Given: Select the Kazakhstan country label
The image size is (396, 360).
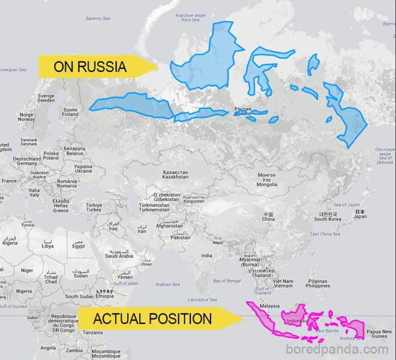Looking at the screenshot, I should [x=175, y=174].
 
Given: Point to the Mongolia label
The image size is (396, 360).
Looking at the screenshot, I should [x=266, y=180].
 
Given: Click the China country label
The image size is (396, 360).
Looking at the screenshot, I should [x=268, y=216].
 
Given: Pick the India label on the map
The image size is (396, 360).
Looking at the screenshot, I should [x=207, y=256].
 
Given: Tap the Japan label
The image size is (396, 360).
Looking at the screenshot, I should [x=360, y=214].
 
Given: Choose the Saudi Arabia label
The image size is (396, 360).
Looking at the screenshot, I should [x=119, y=253].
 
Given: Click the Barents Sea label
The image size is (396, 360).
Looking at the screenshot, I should [x=97, y=19].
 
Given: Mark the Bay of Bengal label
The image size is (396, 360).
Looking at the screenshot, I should [x=227, y=281].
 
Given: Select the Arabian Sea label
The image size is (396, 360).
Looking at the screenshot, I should [x=168, y=285].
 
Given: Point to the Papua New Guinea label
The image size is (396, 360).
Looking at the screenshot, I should [x=379, y=334].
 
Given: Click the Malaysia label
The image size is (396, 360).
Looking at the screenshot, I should [x=269, y=306].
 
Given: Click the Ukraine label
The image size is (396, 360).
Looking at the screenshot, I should [x=84, y=168].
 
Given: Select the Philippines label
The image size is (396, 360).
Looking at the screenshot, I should [x=318, y=283].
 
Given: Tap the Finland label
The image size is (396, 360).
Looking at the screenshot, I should [x=70, y=112].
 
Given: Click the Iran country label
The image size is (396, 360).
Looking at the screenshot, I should [x=142, y=228].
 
